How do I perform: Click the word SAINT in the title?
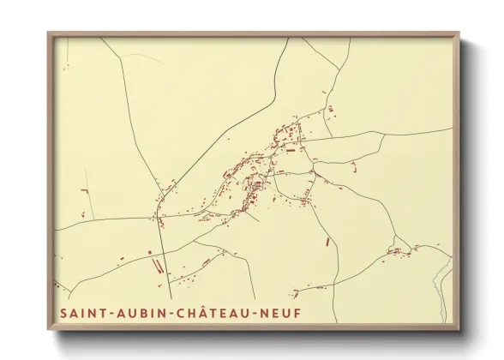tap(81, 313)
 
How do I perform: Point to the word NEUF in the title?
tap(281, 313)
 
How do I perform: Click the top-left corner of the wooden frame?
tap(48, 33)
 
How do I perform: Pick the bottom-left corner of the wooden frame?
tap(48, 330)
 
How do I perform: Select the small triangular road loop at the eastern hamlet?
tap(396, 251)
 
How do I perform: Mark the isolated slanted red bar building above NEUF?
tap(327, 242)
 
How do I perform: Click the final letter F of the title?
tap(297, 313)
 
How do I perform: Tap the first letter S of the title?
tap(64, 313)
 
